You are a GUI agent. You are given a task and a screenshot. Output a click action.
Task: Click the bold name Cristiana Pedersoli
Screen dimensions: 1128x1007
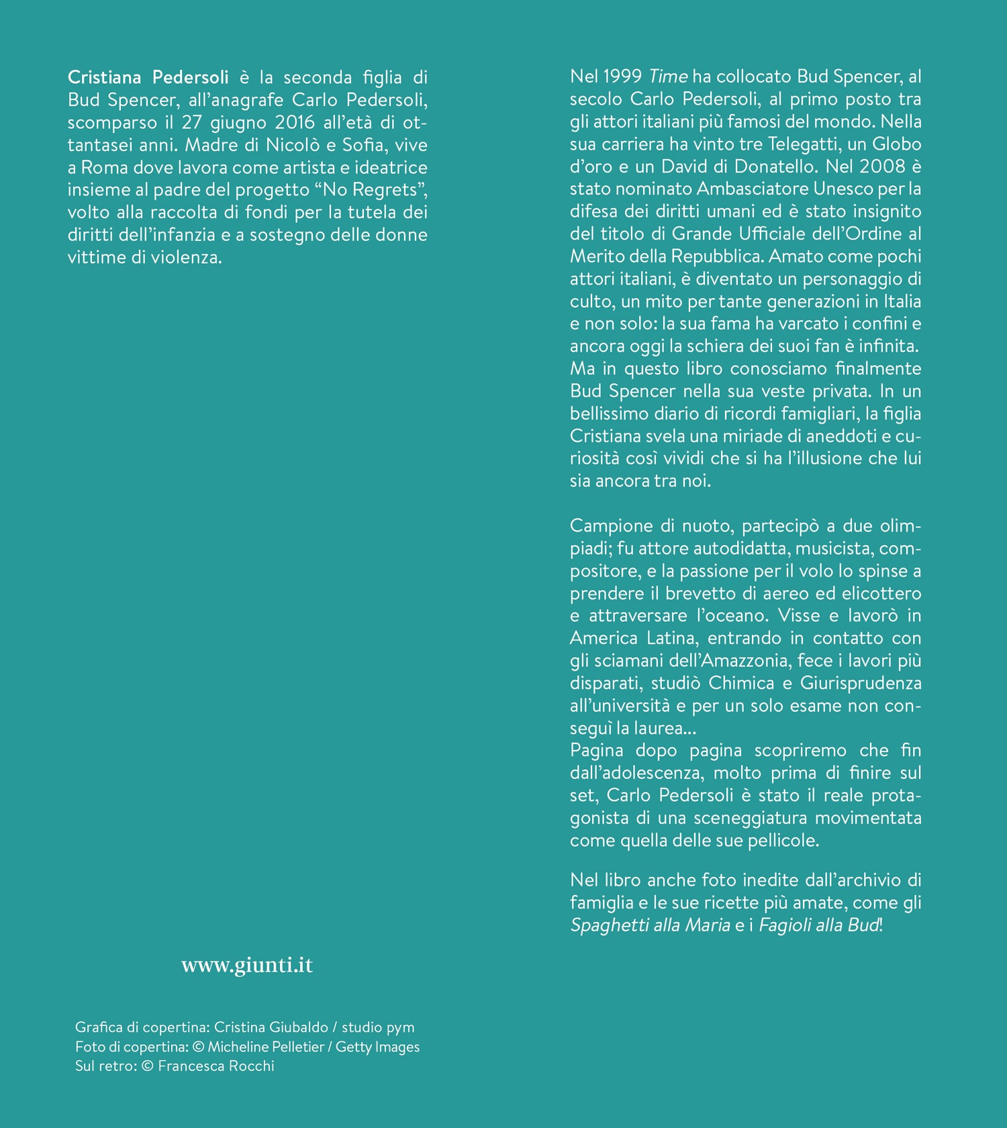pyautogui.click(x=148, y=77)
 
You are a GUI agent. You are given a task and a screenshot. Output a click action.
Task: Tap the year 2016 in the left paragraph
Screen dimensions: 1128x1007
pyautogui.click(x=295, y=122)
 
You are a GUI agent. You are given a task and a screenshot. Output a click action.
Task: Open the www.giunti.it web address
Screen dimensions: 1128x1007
pyautogui.click(x=247, y=965)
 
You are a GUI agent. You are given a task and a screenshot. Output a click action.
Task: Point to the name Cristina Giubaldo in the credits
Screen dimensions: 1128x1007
pyautogui.click(x=271, y=1027)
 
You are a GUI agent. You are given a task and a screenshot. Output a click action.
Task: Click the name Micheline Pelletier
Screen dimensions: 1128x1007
pyautogui.click(x=266, y=1047)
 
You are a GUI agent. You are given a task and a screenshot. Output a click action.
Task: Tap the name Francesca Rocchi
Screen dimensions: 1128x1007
pyautogui.click(x=216, y=1066)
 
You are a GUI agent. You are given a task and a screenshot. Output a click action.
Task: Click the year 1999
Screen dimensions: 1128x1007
pyautogui.click(x=622, y=77)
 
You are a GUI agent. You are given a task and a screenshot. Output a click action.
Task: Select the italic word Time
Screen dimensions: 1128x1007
pyautogui.click(x=668, y=77)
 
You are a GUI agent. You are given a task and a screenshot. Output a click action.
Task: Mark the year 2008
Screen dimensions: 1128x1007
pyautogui.click(x=882, y=167)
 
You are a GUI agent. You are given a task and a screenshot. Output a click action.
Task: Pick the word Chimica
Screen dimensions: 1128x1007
pyautogui.click(x=741, y=684)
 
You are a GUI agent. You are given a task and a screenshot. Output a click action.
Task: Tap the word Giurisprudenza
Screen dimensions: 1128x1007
pyautogui.click(x=861, y=684)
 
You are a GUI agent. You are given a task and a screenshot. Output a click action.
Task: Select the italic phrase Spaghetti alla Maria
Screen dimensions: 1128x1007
pyautogui.click(x=650, y=925)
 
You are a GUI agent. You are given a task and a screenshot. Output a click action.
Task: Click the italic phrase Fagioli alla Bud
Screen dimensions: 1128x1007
pyautogui.click(x=818, y=925)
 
